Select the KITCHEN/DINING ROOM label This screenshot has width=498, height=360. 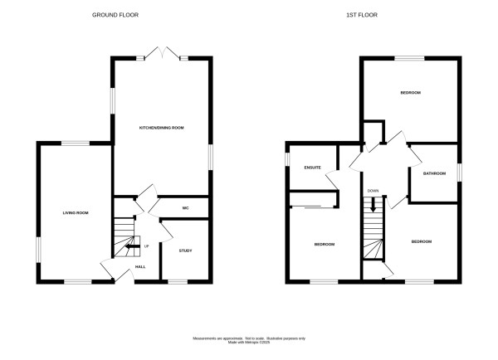[161, 127]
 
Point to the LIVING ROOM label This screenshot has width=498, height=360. [76, 213]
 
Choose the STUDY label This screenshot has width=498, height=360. [185, 249]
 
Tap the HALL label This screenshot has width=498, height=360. [141, 266]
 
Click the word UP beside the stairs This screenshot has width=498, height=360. [147, 246]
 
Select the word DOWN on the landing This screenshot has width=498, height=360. [373, 190]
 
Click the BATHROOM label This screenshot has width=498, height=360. [435, 173]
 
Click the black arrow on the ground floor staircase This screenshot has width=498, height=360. [130, 246]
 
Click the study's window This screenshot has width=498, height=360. [178, 282]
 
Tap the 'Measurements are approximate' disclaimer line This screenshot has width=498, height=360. [249, 338]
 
